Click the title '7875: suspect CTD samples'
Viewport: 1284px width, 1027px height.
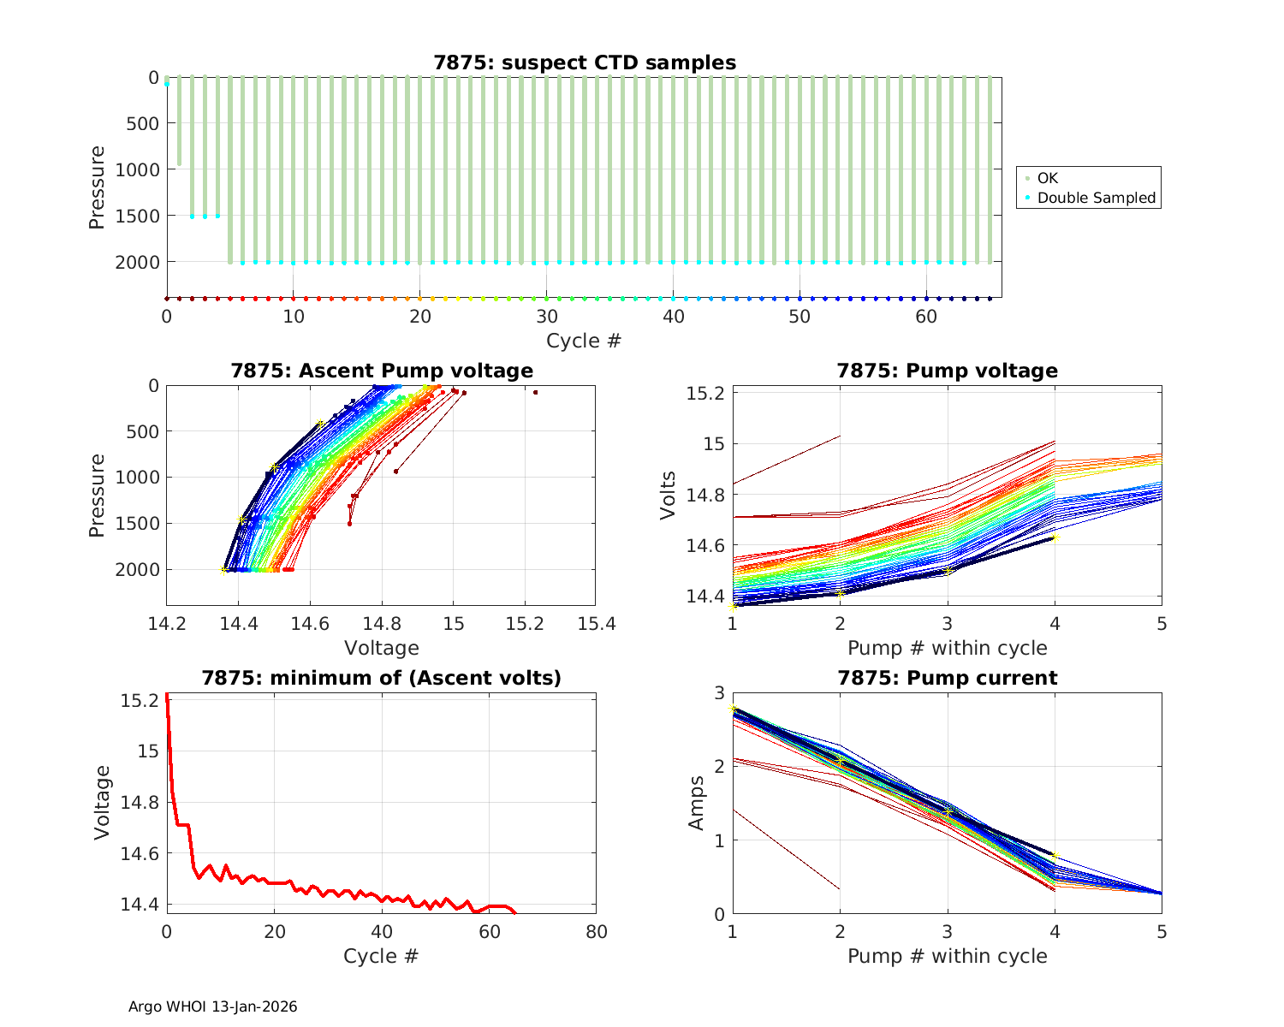click(585, 62)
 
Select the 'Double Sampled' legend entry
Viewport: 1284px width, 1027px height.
click(1096, 198)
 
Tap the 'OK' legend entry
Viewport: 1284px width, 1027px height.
click(1047, 178)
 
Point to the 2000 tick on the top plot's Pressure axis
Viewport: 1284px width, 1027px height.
click(137, 262)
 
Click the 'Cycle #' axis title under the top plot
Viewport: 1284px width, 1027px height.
click(584, 341)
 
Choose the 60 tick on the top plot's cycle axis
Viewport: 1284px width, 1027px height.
click(926, 317)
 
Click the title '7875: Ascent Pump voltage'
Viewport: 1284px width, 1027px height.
click(382, 371)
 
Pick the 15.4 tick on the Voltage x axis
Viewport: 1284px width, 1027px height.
click(596, 624)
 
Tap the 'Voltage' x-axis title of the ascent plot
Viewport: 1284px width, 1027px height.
click(382, 648)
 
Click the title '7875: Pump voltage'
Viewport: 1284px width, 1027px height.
click(947, 371)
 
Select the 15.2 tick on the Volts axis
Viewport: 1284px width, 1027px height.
click(705, 394)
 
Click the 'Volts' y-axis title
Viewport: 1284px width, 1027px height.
click(669, 495)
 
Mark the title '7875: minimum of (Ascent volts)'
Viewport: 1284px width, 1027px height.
click(382, 678)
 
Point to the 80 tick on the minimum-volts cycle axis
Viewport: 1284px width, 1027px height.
click(596, 932)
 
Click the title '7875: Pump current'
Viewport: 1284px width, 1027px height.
click(947, 678)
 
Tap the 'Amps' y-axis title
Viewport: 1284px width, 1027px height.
click(697, 803)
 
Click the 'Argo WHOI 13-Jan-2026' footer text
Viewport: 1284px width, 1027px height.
click(212, 1006)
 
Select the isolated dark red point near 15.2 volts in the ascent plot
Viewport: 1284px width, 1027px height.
click(535, 393)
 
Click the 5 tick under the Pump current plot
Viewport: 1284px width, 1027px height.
click(1162, 932)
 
